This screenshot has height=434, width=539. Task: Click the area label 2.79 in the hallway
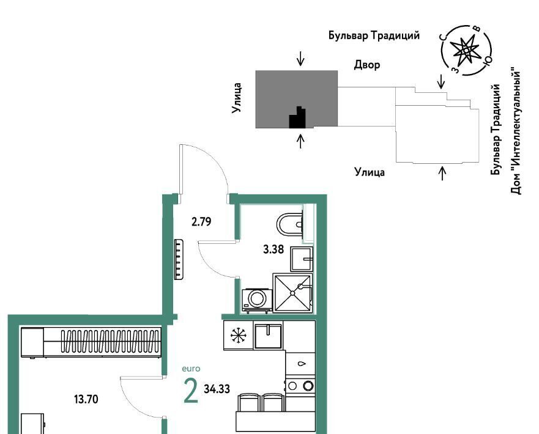pos(201,222)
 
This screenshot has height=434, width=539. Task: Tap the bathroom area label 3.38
pos(273,249)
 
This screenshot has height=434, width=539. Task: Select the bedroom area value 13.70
pos(86,399)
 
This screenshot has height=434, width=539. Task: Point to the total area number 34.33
pos(217,389)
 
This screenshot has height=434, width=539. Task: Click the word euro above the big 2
pos(191,369)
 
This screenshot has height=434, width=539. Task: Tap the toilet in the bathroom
pos(289,224)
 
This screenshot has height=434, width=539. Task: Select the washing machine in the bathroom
pos(256,300)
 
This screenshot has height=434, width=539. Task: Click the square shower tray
pos(292,293)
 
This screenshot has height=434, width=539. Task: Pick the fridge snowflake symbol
pos(237,336)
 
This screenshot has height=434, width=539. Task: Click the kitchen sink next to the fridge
pos(268,335)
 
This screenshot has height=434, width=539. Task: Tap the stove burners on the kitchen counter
pos(300,386)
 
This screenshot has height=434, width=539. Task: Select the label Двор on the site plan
pos(367,65)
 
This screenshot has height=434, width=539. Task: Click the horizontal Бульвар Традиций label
pos(374,35)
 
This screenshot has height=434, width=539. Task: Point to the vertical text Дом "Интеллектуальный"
pos(515,130)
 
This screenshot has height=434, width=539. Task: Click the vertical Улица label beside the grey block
pos(236,98)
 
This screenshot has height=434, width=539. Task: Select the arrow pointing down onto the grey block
pos(301,58)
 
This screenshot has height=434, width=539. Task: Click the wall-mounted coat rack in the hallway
pos(179,259)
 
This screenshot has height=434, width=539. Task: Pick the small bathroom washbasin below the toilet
pos(302,259)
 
